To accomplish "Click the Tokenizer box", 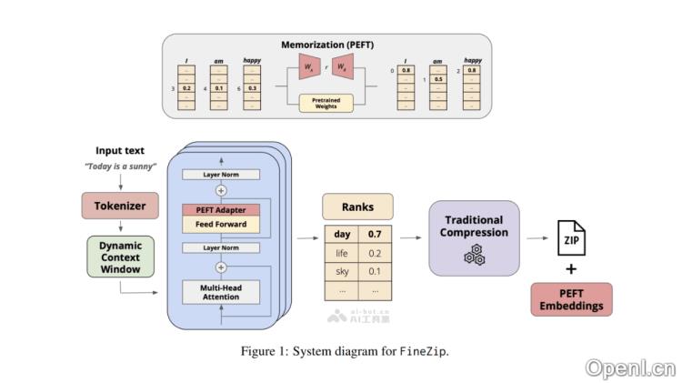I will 120,206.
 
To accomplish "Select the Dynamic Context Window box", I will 120,257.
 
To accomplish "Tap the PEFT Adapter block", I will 221,209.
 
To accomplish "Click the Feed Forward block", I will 221,224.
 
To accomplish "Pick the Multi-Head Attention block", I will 221,291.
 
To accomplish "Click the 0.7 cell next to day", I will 375,234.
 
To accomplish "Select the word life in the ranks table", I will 342,252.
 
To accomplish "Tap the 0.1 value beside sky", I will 375,271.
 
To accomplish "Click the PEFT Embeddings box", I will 571,299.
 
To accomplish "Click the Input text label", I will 120,150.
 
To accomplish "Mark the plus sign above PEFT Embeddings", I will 571,270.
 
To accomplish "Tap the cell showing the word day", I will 342,234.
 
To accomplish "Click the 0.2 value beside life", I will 375,252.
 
